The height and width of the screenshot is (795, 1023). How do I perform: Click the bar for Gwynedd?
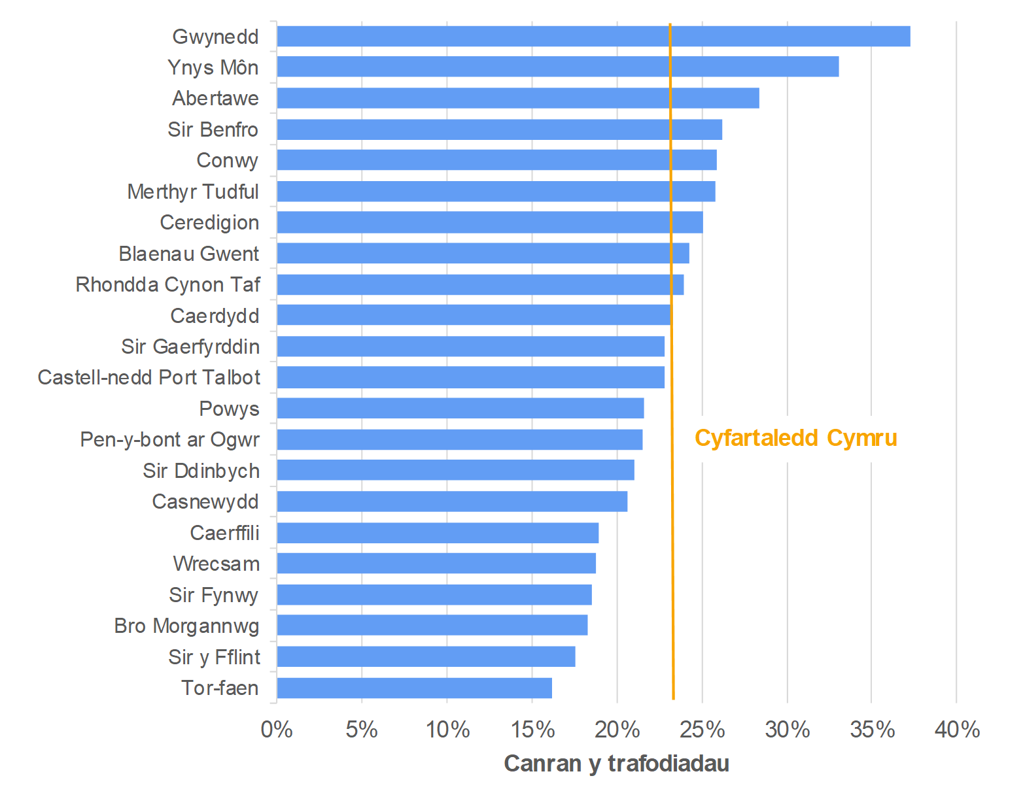click(593, 37)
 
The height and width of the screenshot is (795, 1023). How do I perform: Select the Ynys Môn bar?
click(557, 67)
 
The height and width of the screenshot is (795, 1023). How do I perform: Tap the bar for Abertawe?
click(517, 98)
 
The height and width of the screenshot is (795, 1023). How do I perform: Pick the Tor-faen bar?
click(414, 688)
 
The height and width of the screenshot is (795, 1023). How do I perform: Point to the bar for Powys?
click(460, 409)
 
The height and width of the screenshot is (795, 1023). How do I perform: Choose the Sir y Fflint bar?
click(426, 657)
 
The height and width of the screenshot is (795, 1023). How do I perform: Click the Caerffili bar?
click(438, 533)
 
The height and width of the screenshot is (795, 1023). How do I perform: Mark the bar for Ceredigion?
click(489, 222)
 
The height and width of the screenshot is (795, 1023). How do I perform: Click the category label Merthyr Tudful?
click(193, 192)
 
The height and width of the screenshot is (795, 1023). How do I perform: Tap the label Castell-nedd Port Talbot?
click(148, 377)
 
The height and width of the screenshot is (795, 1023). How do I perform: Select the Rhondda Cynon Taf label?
click(167, 284)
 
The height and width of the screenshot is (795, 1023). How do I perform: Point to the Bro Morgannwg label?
click(186, 626)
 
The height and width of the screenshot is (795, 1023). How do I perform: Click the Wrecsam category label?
click(216, 564)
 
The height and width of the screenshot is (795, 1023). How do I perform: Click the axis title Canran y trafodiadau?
click(616, 763)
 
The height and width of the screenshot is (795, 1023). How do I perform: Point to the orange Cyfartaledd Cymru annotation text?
click(795, 438)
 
